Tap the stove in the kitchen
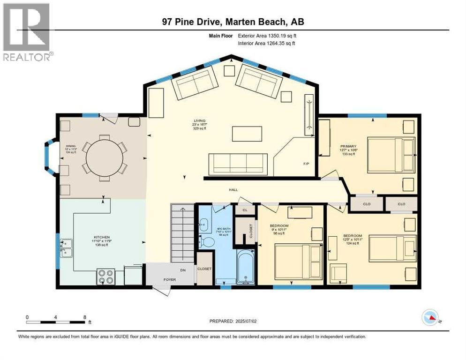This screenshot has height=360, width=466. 106,277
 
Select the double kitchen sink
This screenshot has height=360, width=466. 67,248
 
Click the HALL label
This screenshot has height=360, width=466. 233,190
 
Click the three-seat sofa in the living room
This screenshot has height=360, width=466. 237,163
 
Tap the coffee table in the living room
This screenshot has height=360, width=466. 246,134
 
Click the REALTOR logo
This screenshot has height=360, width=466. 27,32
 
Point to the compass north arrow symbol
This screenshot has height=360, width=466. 430,318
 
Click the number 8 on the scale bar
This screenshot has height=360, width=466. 84,317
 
